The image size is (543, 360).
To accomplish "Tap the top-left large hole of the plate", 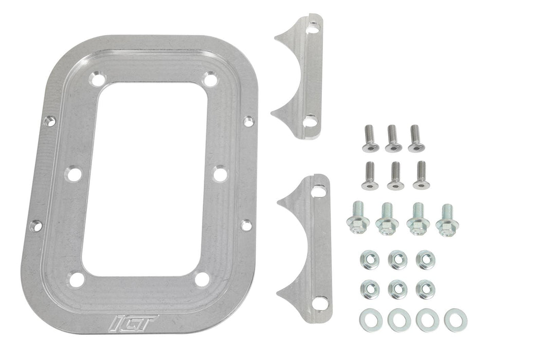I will click(x=96, y=79).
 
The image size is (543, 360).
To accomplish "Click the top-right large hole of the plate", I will click(x=209, y=80).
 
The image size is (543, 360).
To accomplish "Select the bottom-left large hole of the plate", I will click(x=77, y=280).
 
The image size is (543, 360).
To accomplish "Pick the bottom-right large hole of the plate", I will click(x=203, y=279).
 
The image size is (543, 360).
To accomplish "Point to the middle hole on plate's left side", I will click(x=74, y=174).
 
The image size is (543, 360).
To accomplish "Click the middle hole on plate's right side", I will click(x=220, y=173).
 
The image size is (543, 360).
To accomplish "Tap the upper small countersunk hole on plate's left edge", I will click(x=49, y=121).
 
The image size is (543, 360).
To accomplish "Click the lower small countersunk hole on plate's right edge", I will click(x=247, y=225).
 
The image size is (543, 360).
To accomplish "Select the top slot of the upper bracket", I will click(x=312, y=29).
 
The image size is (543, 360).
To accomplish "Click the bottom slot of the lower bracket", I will click(x=319, y=303).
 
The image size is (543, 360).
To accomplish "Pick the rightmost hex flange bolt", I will click(x=447, y=219).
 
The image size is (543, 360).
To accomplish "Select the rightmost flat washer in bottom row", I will click(x=455, y=319).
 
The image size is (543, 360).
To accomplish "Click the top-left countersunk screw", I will click(x=370, y=139).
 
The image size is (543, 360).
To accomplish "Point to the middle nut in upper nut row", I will click(x=397, y=260).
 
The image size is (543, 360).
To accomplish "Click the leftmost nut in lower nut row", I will click(x=369, y=289).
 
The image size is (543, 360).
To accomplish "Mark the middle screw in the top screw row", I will click(x=393, y=139).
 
